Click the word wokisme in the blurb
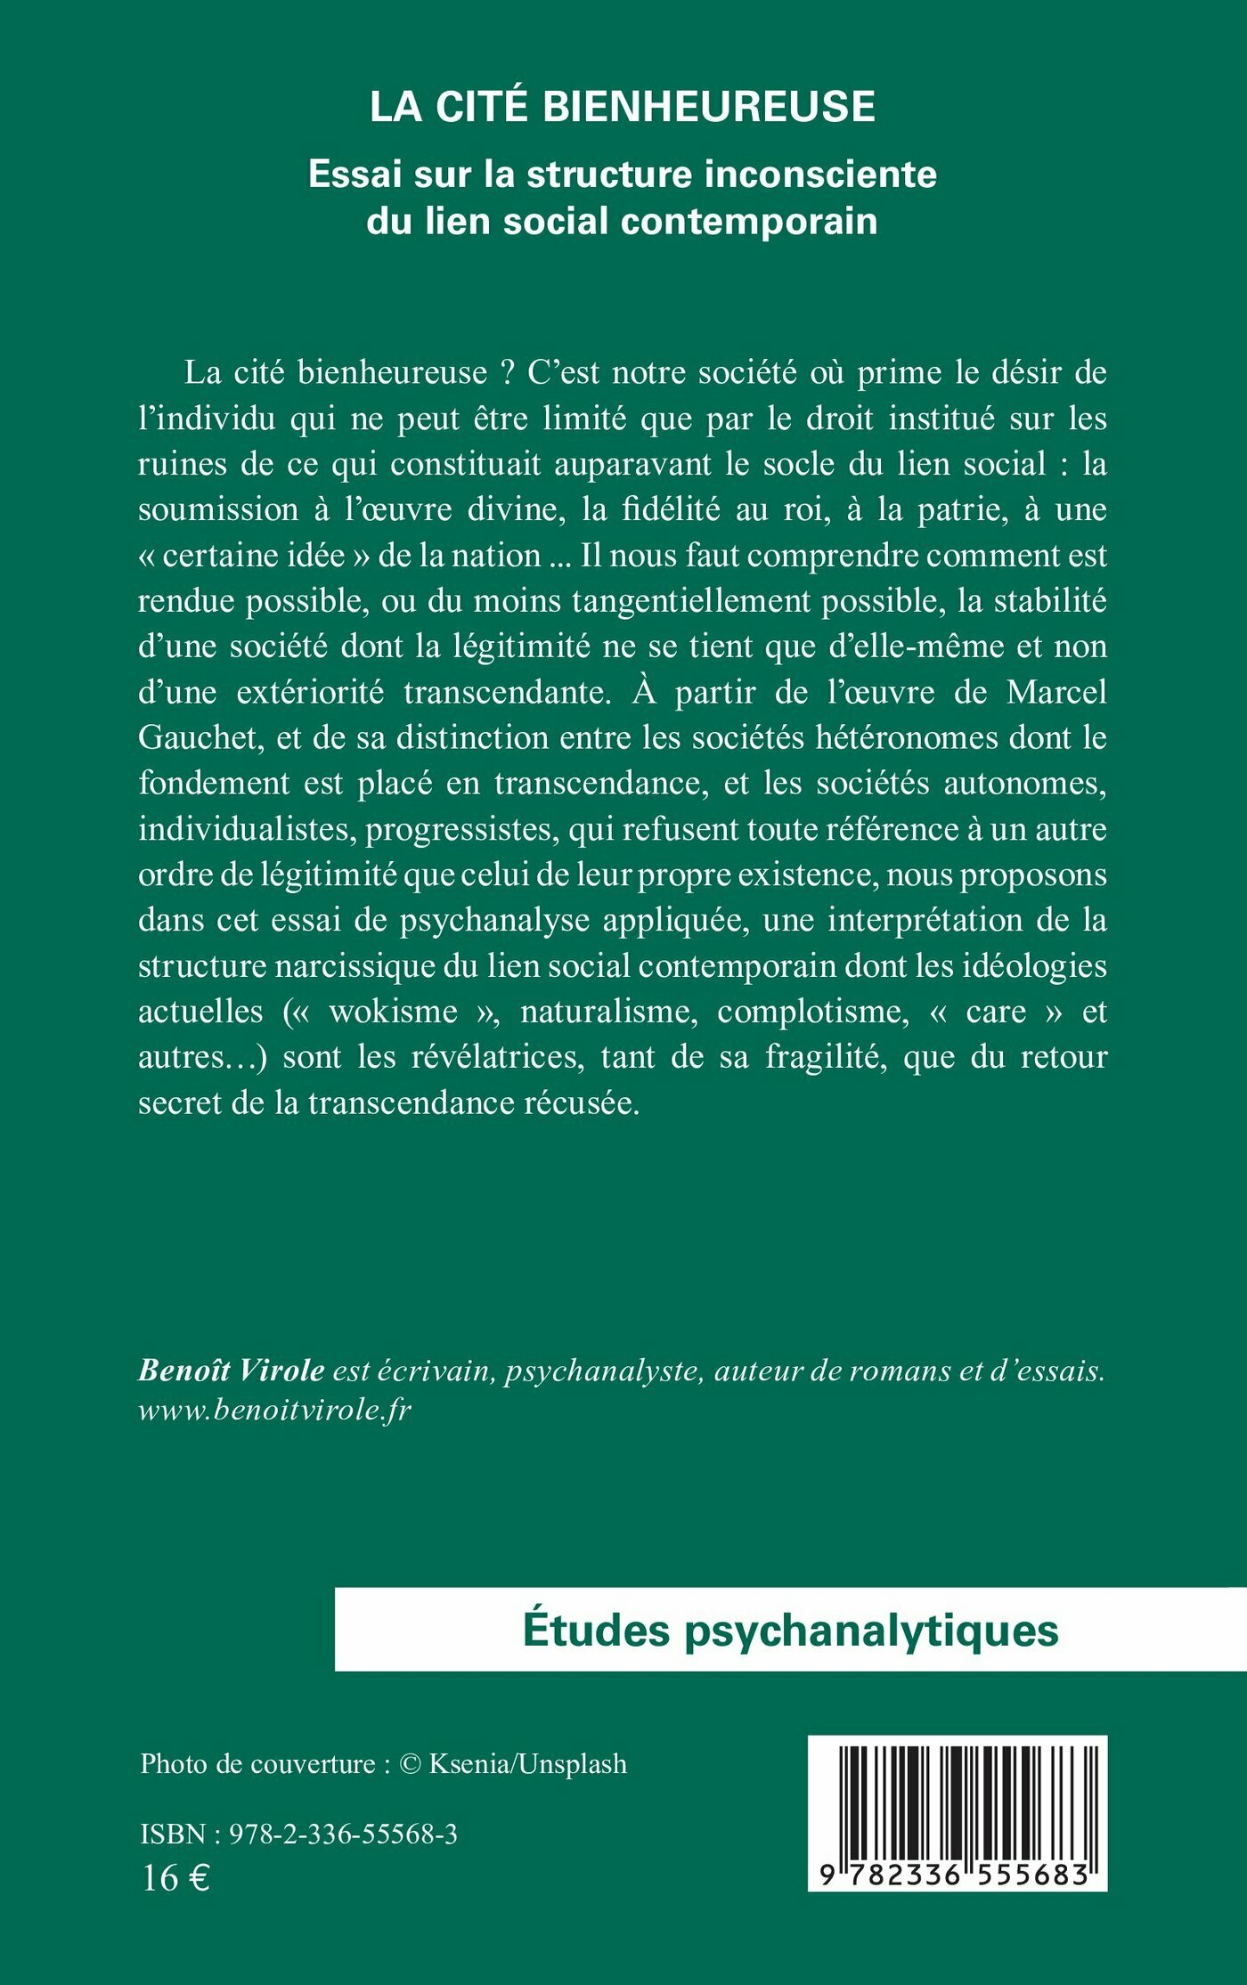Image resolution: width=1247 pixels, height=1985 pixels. click(393, 1012)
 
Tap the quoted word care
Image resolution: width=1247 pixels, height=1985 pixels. click(996, 1012)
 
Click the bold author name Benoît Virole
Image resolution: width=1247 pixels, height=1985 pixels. click(231, 1371)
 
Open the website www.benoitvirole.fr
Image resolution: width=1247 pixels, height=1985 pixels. click(274, 1411)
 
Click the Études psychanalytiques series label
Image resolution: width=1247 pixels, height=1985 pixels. click(790, 1631)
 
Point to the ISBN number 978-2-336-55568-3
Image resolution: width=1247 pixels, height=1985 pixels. click(343, 1834)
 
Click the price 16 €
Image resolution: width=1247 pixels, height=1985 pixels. click(175, 1878)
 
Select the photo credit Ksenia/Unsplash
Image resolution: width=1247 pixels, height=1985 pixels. click(527, 1763)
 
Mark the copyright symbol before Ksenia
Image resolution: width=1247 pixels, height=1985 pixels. click(410, 1764)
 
